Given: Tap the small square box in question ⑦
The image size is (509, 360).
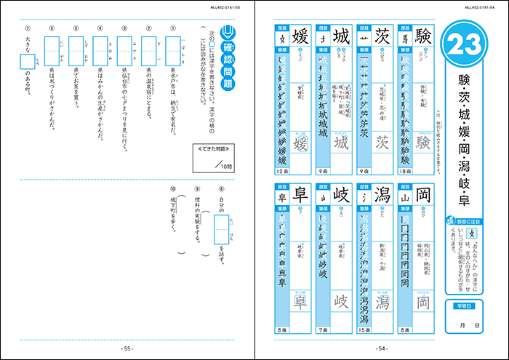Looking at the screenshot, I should click(x=26, y=64).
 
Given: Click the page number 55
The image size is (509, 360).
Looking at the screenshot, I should click(x=127, y=348).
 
